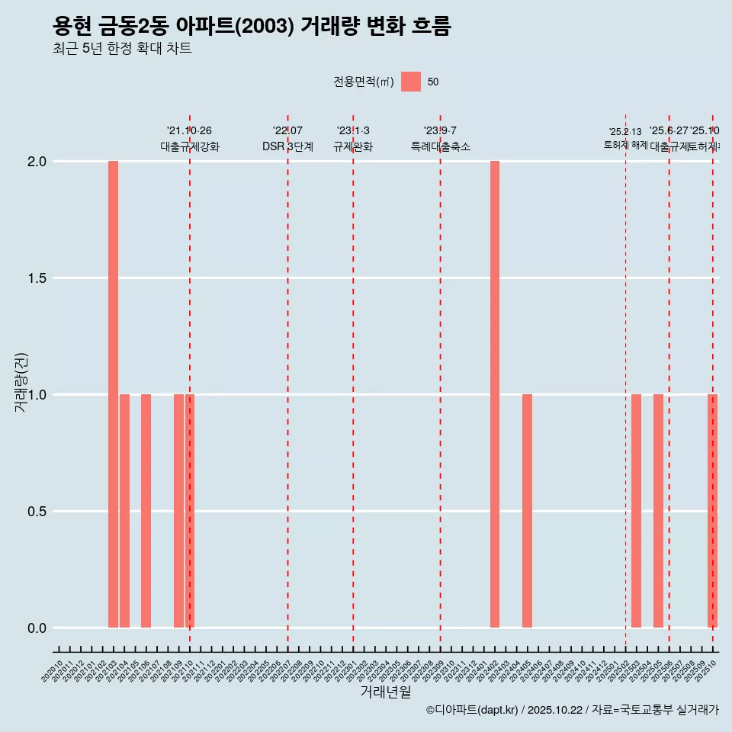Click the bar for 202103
click(x=113, y=394)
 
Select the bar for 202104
click(x=124, y=511)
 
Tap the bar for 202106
click(x=146, y=511)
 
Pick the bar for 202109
click(x=178, y=511)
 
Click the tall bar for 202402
click(x=495, y=394)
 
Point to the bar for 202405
click(x=527, y=511)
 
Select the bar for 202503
click(x=636, y=511)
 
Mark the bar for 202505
click(x=658, y=511)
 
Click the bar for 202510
click(x=712, y=511)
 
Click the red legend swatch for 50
click(x=411, y=82)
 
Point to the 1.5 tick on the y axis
click(x=37, y=278)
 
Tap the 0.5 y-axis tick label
click(x=37, y=512)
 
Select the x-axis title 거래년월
click(x=385, y=692)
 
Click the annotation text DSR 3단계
click(x=287, y=146)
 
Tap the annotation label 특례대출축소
click(x=440, y=146)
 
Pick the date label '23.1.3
click(x=353, y=131)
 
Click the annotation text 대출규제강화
click(x=190, y=146)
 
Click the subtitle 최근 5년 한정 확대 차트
click(x=122, y=49)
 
